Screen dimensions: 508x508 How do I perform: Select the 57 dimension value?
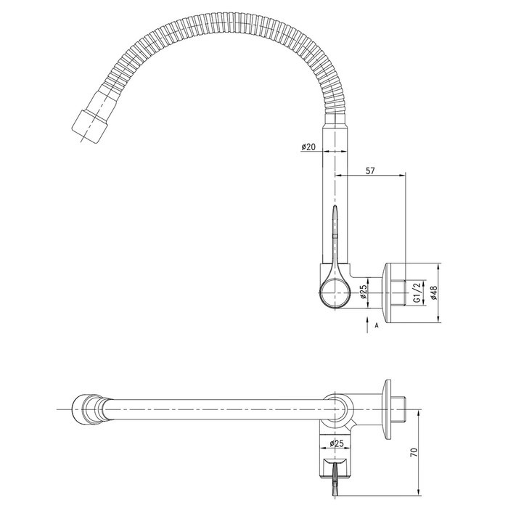[370, 171]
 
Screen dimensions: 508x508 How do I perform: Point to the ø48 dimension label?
[434, 292]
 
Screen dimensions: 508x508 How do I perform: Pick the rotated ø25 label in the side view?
[363, 292]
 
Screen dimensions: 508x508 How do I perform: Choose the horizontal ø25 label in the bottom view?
[337, 443]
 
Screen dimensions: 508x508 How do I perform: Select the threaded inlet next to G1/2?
[401, 292]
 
